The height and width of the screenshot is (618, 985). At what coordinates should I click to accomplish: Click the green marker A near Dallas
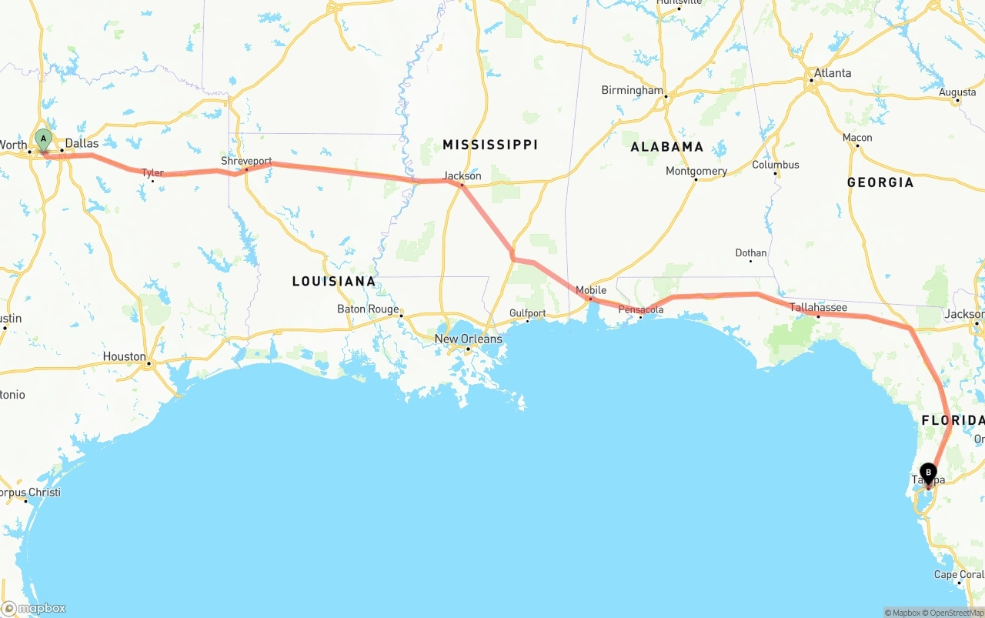(44, 140)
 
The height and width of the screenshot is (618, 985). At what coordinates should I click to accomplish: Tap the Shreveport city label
(246, 161)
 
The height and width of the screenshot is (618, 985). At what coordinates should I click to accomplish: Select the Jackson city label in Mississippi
(462, 175)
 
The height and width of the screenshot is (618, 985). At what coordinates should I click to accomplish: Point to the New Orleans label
(468, 339)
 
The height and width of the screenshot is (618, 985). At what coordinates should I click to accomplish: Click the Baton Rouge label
(368, 309)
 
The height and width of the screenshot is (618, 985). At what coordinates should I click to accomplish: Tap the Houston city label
(125, 356)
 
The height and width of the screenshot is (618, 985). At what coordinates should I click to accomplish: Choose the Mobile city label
(591, 290)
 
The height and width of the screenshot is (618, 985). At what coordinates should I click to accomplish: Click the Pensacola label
(641, 309)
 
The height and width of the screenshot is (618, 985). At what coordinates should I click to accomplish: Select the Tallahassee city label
(818, 307)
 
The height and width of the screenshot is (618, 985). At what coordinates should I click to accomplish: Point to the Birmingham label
(632, 90)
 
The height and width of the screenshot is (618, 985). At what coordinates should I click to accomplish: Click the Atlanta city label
(833, 73)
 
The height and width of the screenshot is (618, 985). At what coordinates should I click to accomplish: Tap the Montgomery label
(696, 171)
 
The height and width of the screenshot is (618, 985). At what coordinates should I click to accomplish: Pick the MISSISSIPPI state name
(490, 145)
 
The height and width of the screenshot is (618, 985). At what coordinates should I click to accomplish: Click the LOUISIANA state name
(334, 281)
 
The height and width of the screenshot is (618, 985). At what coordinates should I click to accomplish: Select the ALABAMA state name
(666, 146)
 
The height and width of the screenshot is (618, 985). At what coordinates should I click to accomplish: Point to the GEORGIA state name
(880, 182)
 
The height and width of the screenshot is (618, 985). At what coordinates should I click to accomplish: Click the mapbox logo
(34, 608)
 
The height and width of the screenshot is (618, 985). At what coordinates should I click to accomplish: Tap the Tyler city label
(152, 172)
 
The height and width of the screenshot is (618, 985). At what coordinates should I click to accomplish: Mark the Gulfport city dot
(527, 321)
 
